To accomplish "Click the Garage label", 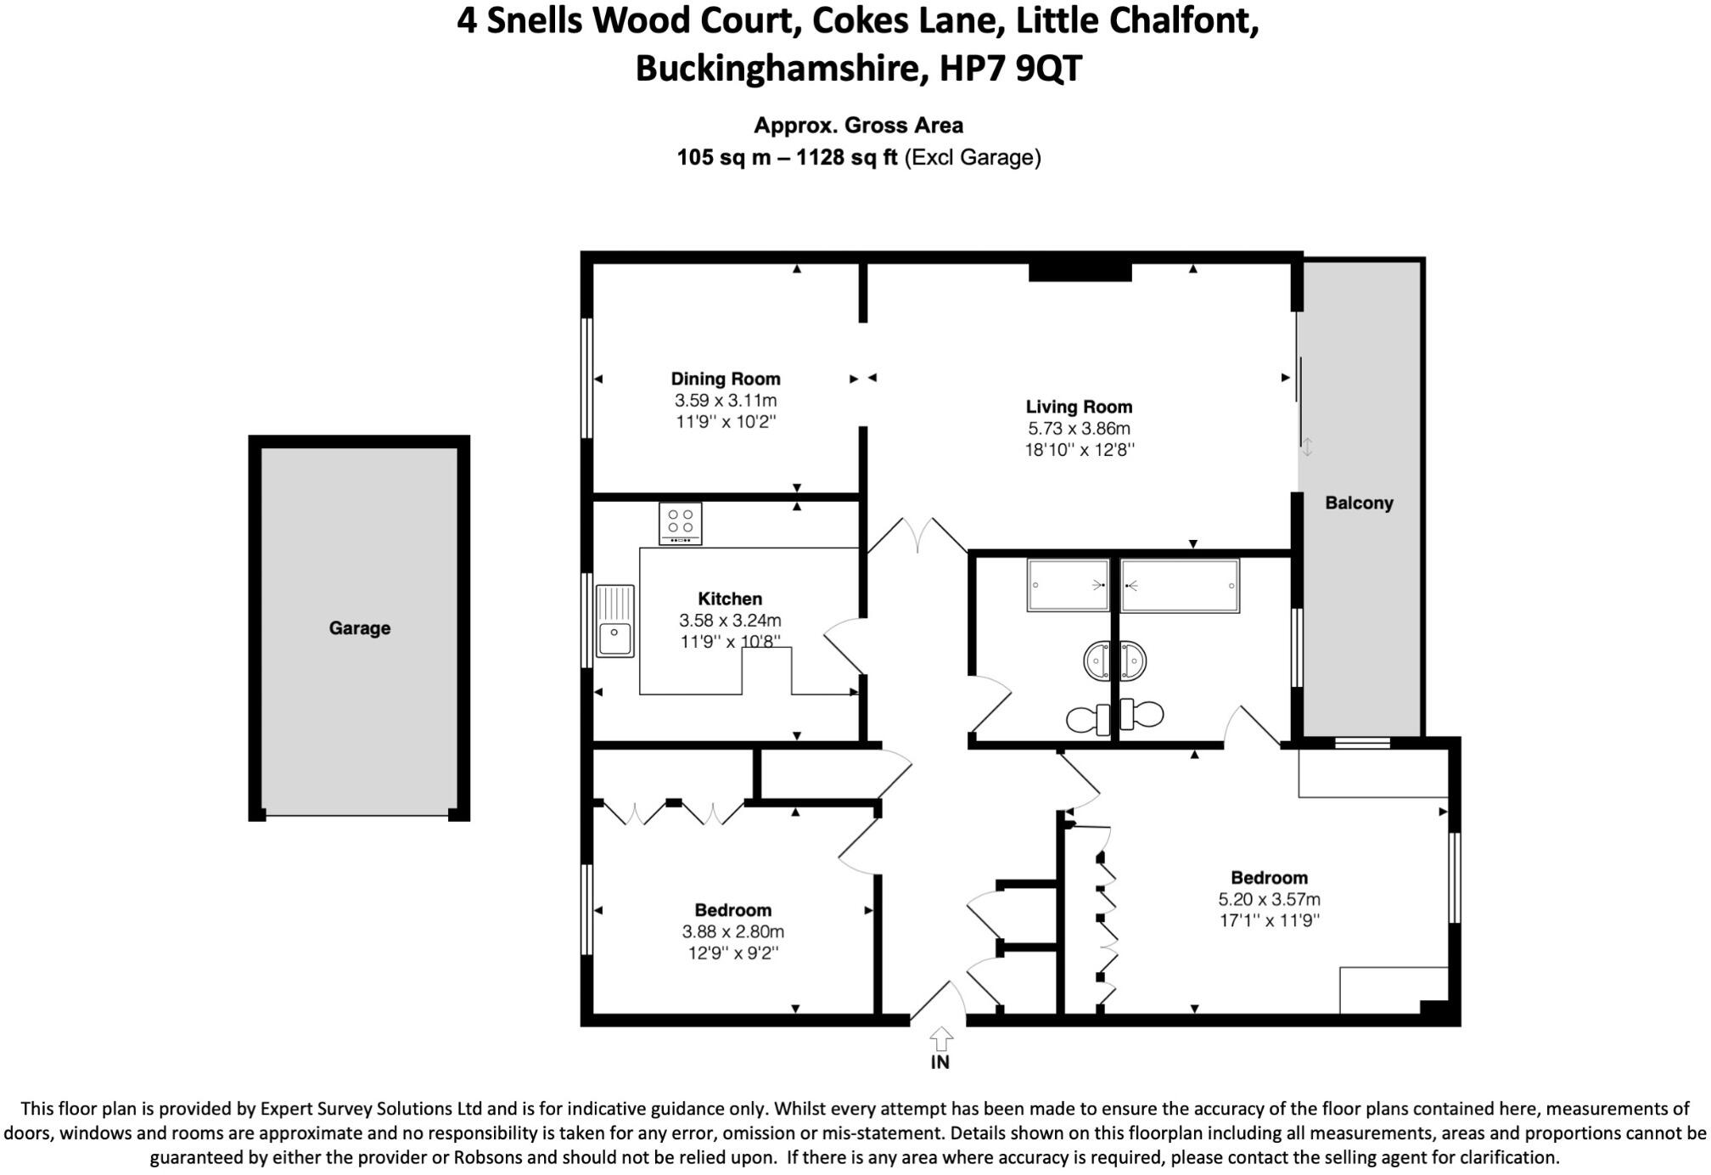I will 359,628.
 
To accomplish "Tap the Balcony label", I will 1359,503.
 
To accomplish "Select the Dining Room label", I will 725,379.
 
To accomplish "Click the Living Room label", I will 1079,407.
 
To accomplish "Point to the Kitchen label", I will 729,599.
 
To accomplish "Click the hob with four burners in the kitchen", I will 681,523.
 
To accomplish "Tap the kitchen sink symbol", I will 615,621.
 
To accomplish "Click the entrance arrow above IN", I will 940,1038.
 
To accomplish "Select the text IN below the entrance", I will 940,1062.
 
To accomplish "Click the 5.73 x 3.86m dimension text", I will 1079,429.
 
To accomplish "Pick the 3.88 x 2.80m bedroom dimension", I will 732,931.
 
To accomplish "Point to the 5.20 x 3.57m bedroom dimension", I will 1269,899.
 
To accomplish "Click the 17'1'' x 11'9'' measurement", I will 1269,920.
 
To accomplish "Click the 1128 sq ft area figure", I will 846,158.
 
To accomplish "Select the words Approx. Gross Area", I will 858,126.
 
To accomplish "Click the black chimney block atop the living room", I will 1080,272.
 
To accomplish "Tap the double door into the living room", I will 917,535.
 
